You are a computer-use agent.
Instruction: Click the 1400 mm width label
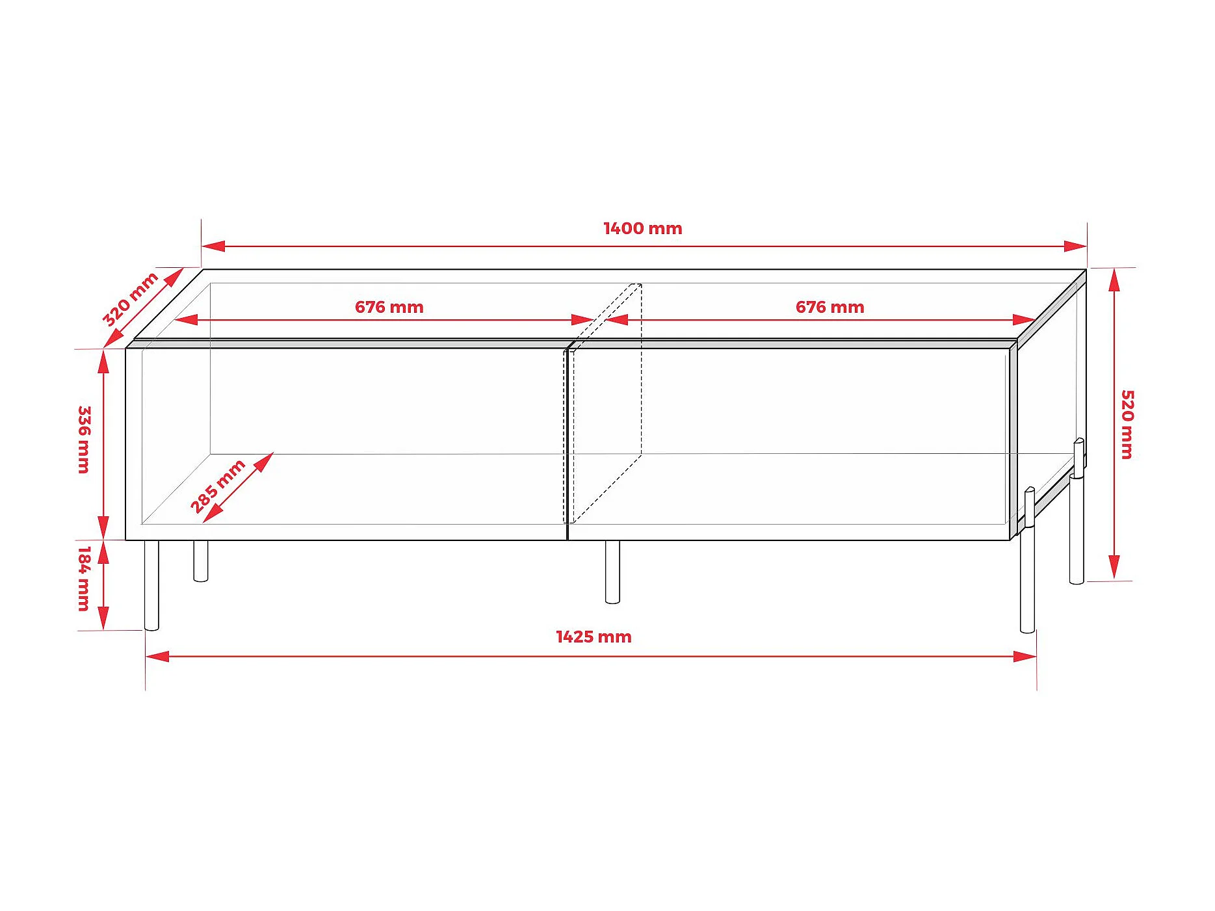coord(642,228)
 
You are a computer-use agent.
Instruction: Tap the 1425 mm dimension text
coord(593,637)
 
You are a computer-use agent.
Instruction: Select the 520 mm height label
coord(1127,424)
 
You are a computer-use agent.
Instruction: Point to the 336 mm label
coord(85,440)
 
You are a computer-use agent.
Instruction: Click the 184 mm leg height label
coord(85,578)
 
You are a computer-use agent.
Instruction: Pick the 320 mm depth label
coord(130,298)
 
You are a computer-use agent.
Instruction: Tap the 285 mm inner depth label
coord(217,485)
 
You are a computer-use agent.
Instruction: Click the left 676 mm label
coord(389,307)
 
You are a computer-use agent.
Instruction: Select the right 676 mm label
coord(830,307)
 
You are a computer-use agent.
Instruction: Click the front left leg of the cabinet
coord(151,585)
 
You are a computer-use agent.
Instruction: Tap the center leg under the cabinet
coord(612,572)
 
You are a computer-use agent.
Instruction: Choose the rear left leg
coord(201,561)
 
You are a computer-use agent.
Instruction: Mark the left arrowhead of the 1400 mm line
coord(213,246)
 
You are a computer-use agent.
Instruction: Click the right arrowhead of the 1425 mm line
coord(1025,656)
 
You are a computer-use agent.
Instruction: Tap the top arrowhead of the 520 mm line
coord(1114,280)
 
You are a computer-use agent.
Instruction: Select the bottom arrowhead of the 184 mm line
coord(103,618)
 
